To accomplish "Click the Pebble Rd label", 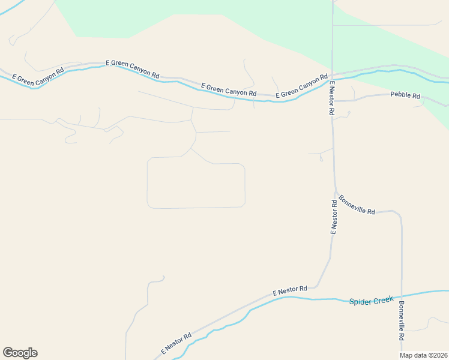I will click(405, 95).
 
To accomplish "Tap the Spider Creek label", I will click(371, 299).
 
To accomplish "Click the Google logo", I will click(20, 353).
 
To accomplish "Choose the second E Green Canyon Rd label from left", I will click(132, 69).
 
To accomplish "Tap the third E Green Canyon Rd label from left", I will click(229, 89).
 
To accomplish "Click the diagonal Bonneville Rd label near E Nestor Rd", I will click(357, 205).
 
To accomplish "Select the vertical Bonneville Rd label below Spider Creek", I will click(401, 322).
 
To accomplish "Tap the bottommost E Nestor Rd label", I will click(176, 343).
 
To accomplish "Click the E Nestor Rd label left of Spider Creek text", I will click(290, 290).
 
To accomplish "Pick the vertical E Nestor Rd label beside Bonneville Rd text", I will click(334, 217).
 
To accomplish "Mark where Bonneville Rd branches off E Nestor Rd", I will click(335, 191).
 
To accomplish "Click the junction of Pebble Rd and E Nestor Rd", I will click(333, 101).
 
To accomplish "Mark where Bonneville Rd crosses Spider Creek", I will click(402, 295).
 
